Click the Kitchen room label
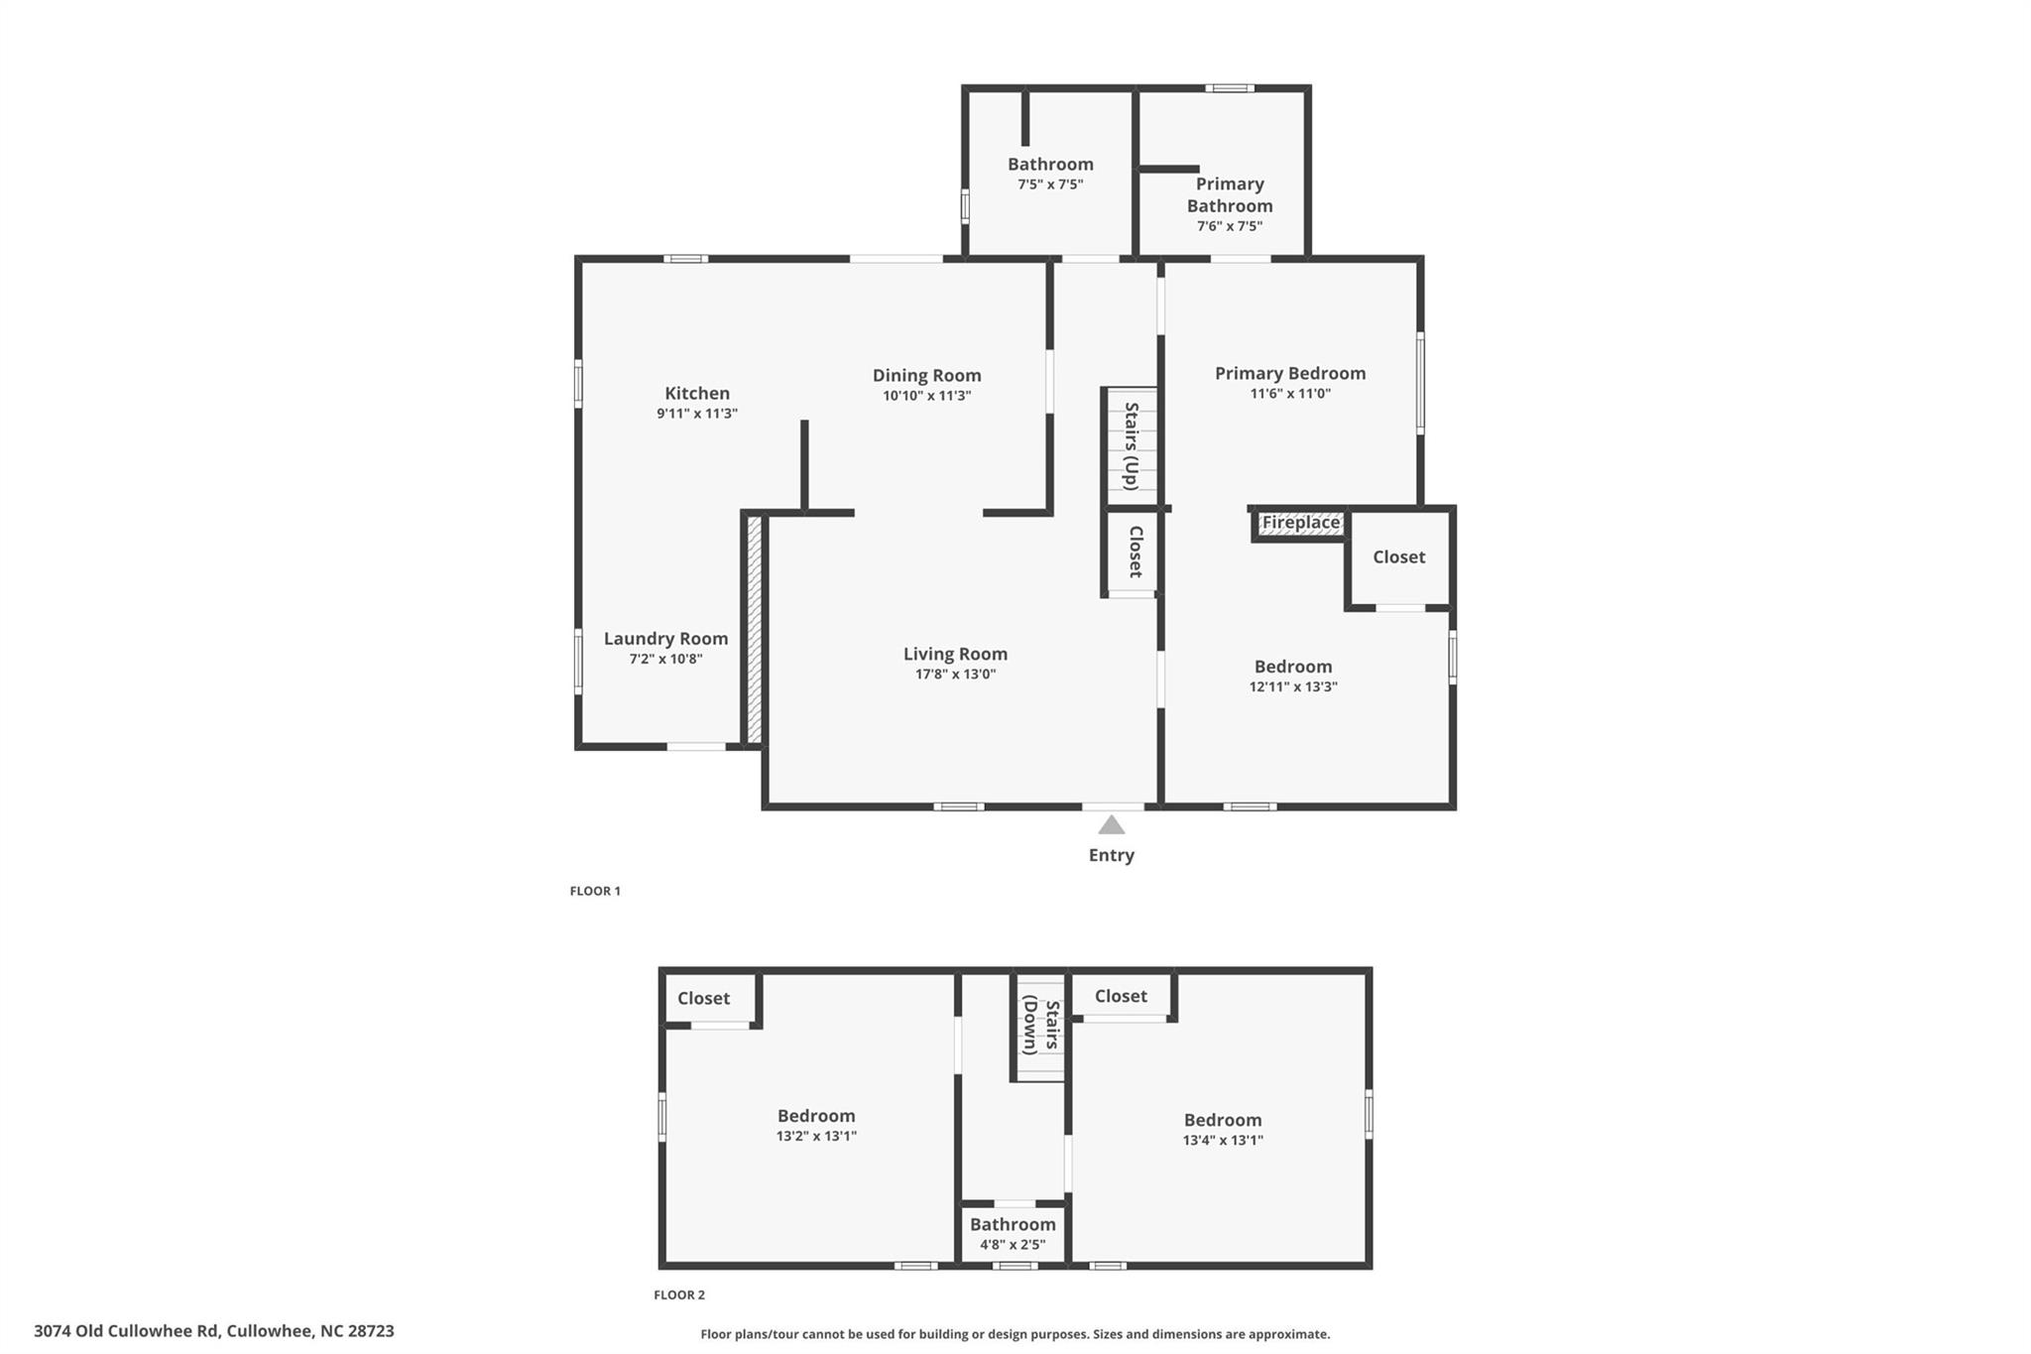tap(697, 394)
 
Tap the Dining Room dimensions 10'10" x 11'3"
tap(926, 396)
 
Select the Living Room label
tap(955, 654)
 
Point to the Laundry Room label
tap(665, 639)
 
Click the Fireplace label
tap(1300, 523)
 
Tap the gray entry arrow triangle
tap(1112, 825)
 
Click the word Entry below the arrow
tap(1111, 855)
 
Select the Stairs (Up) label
tap(1131, 445)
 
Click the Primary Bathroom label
tap(1230, 195)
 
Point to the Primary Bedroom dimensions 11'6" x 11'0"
tap(1290, 394)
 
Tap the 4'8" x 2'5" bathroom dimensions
tap(1013, 1245)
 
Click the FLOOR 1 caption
tap(595, 891)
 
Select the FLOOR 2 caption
tap(679, 1294)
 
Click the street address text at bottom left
tap(214, 1331)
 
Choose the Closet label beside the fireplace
tap(1398, 557)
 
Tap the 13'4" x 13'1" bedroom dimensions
tap(1223, 1141)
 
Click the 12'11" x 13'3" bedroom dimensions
tap(1293, 686)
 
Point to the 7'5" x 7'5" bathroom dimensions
tap(1050, 185)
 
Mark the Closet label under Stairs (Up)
tap(1136, 552)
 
